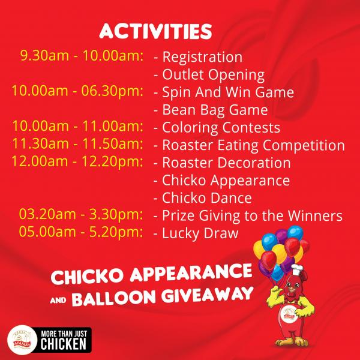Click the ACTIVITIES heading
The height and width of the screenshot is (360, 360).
[x=155, y=31]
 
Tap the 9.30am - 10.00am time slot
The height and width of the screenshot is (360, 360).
[x=82, y=56]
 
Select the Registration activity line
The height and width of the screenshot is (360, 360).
[x=198, y=57]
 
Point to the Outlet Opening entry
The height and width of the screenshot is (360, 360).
[x=209, y=75]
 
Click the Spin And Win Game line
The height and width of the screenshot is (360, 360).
[x=224, y=92]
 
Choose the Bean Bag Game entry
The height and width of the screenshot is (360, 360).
[x=211, y=110]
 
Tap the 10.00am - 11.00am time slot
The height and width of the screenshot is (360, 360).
[x=77, y=126]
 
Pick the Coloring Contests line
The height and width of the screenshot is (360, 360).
[x=217, y=128]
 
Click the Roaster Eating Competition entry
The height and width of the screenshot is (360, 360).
[x=250, y=145]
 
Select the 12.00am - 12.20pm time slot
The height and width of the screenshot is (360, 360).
[x=77, y=161]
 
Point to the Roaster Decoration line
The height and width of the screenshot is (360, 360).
[x=222, y=163]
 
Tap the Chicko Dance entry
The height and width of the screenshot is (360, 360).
[x=203, y=198]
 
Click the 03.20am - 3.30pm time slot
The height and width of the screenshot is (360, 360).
[x=81, y=214]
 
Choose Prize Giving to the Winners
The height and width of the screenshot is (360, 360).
[x=248, y=216]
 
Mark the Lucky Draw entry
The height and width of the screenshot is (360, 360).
[x=196, y=233]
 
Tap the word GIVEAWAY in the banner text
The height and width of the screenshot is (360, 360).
[x=207, y=295]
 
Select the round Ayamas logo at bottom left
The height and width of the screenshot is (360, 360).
[x=22, y=340]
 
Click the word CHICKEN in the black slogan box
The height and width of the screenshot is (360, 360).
[x=64, y=344]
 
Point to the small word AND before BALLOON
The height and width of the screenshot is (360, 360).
[x=58, y=300]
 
